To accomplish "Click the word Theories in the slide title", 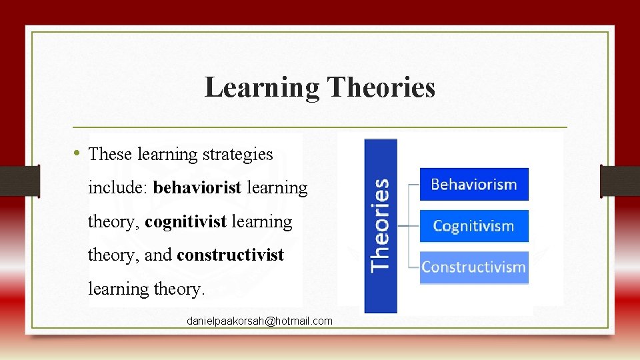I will point(381,87).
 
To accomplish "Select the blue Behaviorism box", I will point(473,185).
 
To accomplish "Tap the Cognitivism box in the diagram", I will point(473,226).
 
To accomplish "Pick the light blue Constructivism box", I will point(473,267).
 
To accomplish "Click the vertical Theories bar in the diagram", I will point(381,225).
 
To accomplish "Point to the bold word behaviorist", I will point(197,188).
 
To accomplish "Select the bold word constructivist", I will point(230,255).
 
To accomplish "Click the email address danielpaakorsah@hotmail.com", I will point(259,321).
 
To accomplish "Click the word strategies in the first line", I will point(237,155).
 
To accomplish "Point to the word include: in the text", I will point(118,188).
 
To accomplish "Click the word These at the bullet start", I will point(110,155).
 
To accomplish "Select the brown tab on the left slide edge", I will point(19,181).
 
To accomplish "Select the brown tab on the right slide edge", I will point(620,181).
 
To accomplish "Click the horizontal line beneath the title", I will point(319,127).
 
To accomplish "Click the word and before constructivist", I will point(157,255).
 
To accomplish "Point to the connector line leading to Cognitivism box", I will point(408,226).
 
